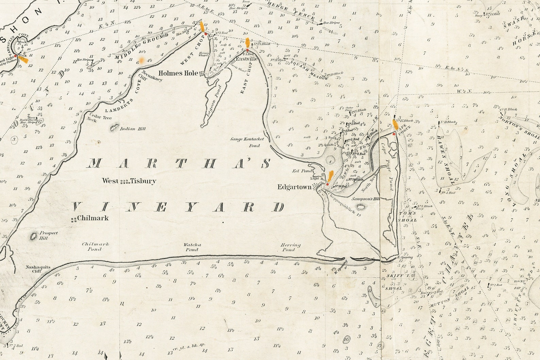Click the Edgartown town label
click(294, 187)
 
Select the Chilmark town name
click(93, 218)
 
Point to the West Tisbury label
click(129, 181)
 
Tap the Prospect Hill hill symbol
click(34, 236)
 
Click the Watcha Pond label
click(192, 247)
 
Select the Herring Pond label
click(290, 247)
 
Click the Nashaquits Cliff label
click(38, 269)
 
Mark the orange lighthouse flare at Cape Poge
click(395, 124)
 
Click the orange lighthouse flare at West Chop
click(202, 27)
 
